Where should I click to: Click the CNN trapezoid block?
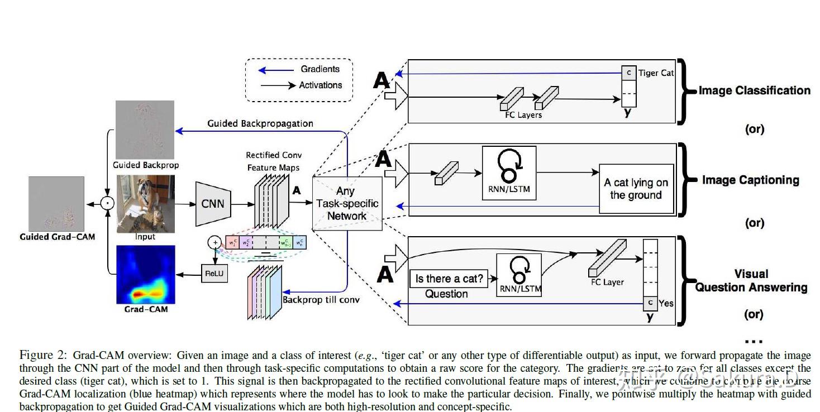click(213, 204)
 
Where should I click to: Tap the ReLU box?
click(214, 274)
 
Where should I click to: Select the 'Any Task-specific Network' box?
click(347, 204)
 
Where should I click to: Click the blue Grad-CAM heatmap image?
click(145, 274)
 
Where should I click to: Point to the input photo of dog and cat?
click(145, 204)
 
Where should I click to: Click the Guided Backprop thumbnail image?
click(145, 130)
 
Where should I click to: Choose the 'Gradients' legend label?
click(320, 69)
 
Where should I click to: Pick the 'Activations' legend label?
click(321, 85)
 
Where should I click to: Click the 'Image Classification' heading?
click(754, 90)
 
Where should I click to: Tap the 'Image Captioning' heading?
click(750, 180)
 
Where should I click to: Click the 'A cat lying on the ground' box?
click(636, 189)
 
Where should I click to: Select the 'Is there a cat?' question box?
click(449, 279)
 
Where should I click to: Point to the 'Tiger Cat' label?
click(656, 73)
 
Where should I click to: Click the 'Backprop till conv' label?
click(321, 300)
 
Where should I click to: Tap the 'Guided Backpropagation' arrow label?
click(260, 123)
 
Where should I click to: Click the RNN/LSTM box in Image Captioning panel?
click(508, 173)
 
